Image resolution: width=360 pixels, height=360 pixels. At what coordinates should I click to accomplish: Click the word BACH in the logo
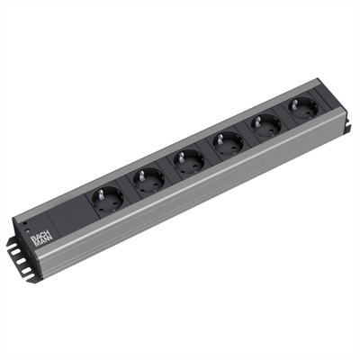pos(39,231)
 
